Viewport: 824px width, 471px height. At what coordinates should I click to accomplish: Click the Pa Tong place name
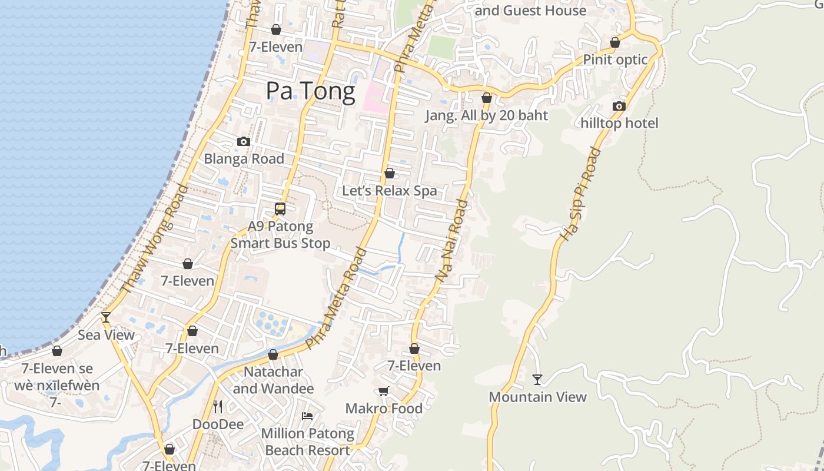[310, 91]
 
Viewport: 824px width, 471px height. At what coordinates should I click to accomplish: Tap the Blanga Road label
[244, 158]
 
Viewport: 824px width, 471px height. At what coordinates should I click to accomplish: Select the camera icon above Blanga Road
[243, 142]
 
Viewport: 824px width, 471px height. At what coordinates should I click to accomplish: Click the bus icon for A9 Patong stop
[280, 209]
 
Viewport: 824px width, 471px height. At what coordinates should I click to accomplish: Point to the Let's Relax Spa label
[390, 191]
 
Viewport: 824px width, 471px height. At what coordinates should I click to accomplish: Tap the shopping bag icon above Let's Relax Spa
[389, 173]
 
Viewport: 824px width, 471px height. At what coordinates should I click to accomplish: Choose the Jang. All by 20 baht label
[487, 115]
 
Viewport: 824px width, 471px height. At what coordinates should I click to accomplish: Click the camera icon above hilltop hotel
[619, 106]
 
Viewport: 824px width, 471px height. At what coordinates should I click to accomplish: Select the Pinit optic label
[615, 59]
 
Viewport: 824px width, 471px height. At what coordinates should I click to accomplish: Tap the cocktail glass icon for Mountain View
[537, 379]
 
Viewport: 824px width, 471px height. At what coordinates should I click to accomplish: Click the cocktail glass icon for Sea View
[106, 317]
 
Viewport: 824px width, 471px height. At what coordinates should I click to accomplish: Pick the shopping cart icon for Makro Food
[384, 391]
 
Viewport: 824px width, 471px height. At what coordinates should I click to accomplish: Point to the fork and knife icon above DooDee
[217, 406]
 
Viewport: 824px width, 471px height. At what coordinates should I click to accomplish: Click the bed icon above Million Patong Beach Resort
[307, 416]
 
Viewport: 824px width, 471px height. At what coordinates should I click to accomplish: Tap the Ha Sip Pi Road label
[580, 194]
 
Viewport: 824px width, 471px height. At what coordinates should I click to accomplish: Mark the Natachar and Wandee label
[273, 380]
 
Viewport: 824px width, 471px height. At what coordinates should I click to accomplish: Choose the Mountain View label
[537, 397]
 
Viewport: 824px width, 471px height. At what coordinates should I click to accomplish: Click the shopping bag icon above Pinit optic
[615, 42]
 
